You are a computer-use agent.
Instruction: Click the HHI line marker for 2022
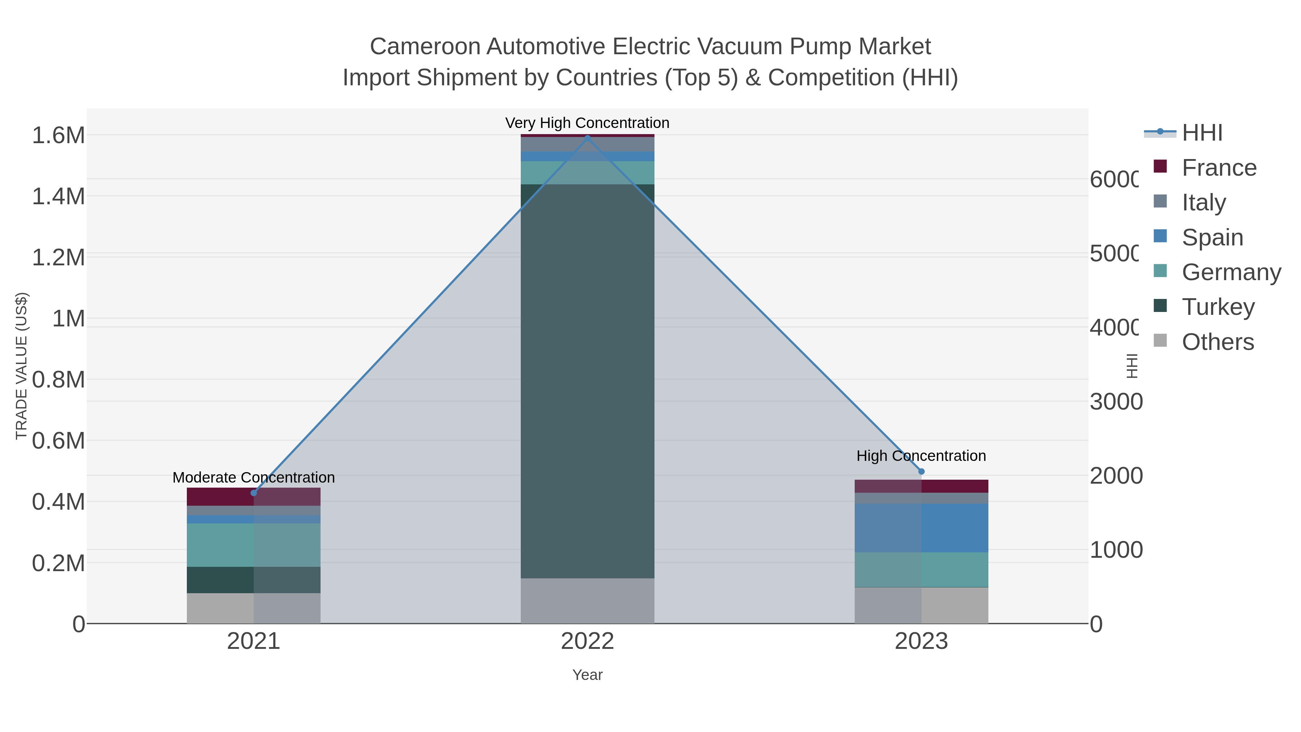587,137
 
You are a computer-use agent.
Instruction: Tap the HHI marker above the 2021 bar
254,493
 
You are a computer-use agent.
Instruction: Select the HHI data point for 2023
921,471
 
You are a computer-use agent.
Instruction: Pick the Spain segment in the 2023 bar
921,527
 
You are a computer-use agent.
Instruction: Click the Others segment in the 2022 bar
587,601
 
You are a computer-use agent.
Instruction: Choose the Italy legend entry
1203,202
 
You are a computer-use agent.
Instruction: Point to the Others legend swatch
1160,341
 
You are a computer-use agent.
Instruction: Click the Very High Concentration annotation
587,123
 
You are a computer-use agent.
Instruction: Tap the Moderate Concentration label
254,478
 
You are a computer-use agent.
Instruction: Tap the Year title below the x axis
587,675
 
